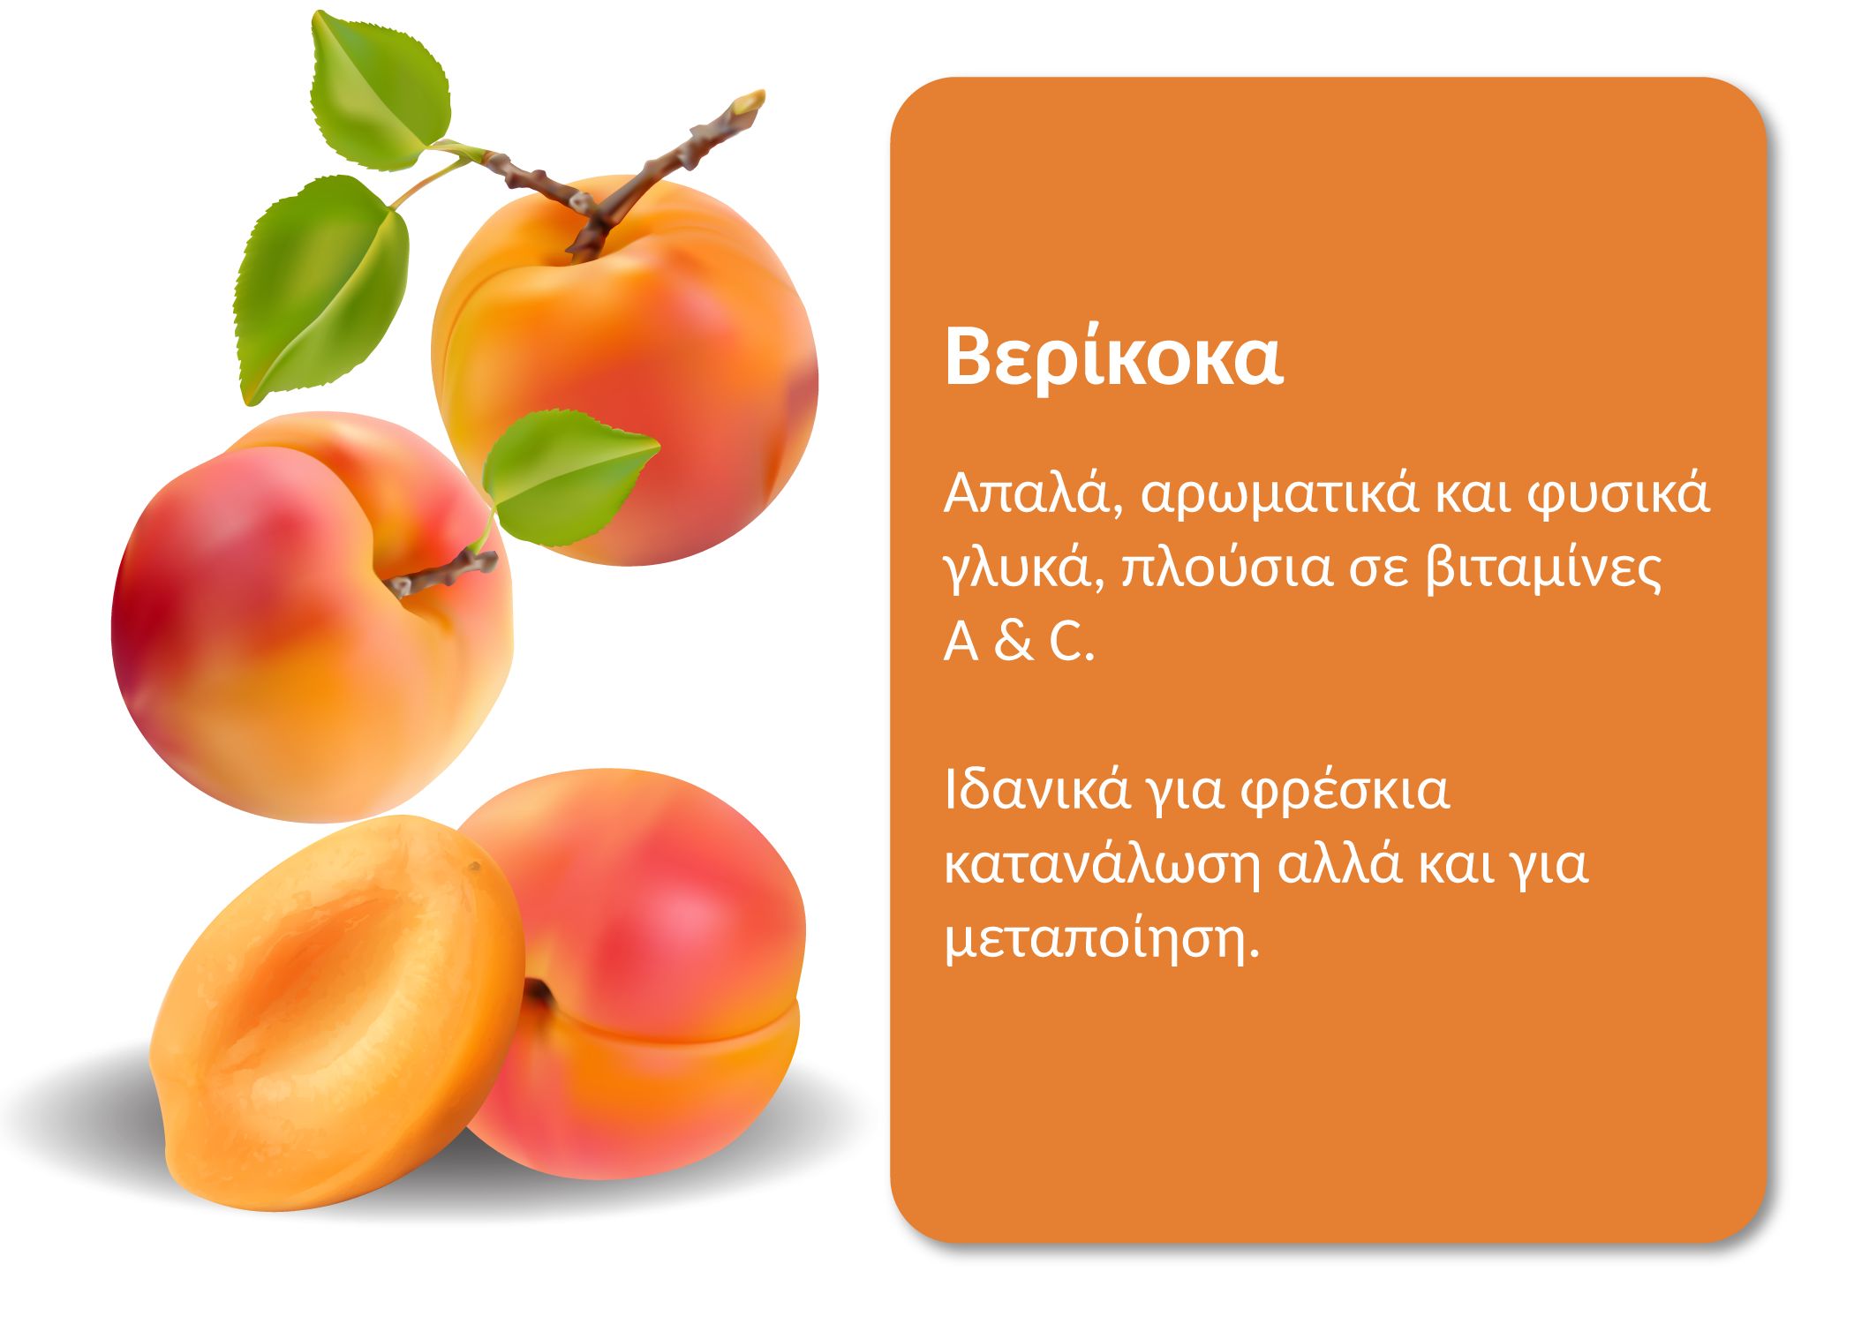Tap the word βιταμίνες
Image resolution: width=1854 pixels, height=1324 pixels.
[x=1544, y=570]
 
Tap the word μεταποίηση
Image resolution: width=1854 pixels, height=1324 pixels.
[x=1103, y=940]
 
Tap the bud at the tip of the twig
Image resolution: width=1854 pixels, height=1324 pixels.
[x=749, y=102]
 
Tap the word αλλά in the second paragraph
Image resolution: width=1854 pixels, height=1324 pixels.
[x=1340, y=865]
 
